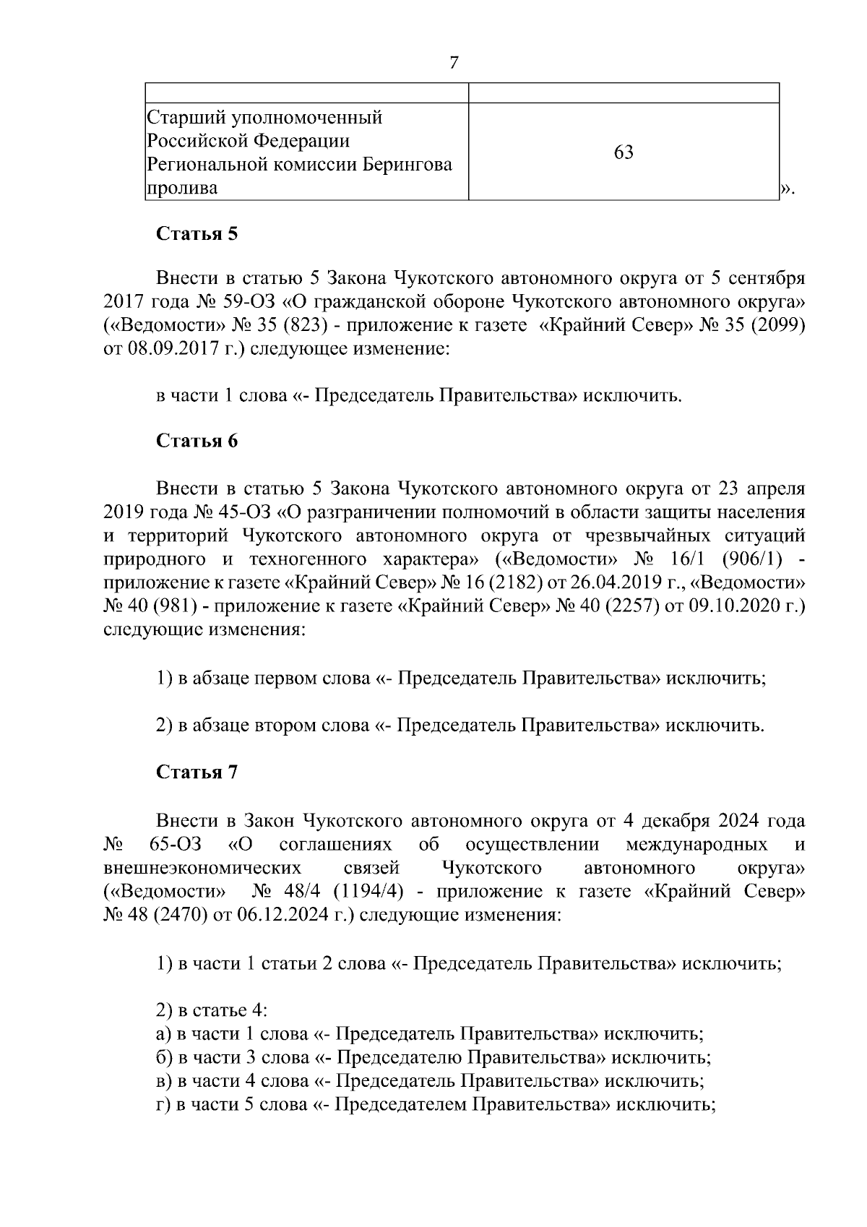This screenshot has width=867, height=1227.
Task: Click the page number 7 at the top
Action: click(454, 64)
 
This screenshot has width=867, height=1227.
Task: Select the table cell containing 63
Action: click(624, 152)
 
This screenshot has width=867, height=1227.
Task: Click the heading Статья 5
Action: click(197, 234)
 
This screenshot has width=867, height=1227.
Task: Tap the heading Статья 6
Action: click(197, 441)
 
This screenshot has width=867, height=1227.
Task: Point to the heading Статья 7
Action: click(197, 772)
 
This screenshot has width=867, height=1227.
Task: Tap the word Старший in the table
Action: click(183, 117)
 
